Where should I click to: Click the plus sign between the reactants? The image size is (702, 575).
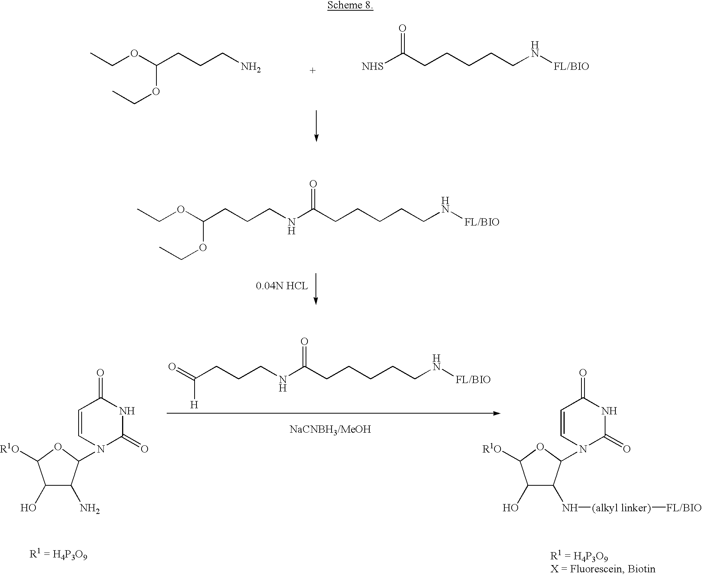313,71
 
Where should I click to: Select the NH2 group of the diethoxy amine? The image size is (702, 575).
251,68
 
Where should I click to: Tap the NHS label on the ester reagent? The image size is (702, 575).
372,67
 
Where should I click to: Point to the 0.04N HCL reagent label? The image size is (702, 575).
282,286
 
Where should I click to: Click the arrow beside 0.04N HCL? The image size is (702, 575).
316,289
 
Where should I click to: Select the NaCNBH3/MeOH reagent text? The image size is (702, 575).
330,430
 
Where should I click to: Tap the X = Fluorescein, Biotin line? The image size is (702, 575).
603,568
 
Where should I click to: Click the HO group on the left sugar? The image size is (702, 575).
29,508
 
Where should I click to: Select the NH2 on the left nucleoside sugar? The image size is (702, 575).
90,508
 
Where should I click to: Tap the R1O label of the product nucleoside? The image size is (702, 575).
492,449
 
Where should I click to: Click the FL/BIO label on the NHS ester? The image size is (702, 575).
571,67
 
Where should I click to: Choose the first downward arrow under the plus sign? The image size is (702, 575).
316,126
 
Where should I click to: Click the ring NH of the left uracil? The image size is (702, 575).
127,411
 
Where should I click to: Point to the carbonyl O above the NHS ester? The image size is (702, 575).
402,28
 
